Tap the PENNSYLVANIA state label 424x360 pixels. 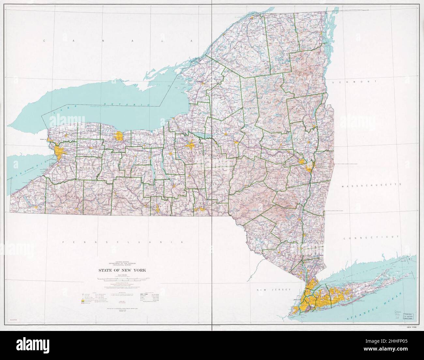(x=122, y=242)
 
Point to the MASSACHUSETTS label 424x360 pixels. (x=371, y=185)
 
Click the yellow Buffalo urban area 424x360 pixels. (x=59, y=152)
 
